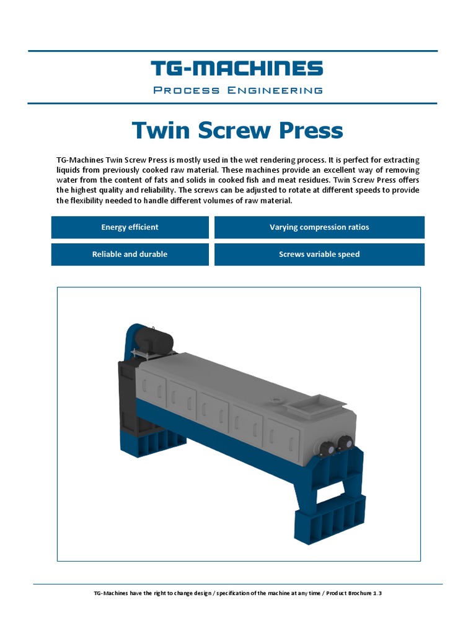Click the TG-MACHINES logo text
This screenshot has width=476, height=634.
pos(237,69)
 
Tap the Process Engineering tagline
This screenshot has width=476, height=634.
pos(237,90)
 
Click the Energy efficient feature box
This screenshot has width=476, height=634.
pos(130,227)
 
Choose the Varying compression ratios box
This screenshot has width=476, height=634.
pos(319,227)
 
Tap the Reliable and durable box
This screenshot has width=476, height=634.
pos(130,254)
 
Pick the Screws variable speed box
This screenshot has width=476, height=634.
pos(319,254)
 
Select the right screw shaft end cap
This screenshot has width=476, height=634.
pos(345,443)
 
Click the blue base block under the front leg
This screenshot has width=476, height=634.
pos(329,518)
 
